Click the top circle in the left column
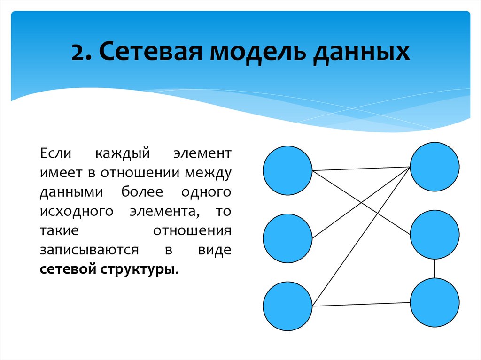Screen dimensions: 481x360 287,170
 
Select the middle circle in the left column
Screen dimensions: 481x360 287,238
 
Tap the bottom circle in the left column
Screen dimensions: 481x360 287,306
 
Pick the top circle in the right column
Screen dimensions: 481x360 434,167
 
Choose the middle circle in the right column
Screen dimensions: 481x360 434,234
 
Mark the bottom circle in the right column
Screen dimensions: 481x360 434,303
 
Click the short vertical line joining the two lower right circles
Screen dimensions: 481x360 435,268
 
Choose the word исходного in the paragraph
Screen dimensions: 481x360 77,212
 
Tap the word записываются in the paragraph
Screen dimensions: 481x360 89,250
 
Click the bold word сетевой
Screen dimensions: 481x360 68,270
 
